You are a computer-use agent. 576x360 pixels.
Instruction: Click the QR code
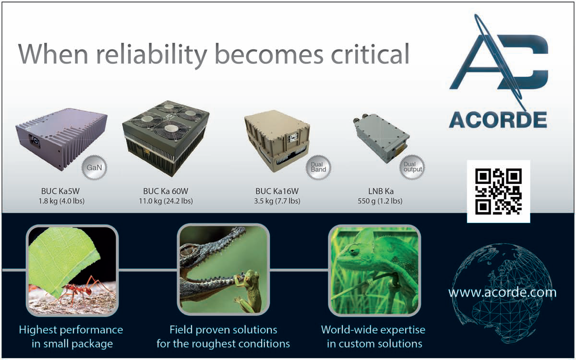(498, 192)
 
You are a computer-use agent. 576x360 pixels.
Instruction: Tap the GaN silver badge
(94, 168)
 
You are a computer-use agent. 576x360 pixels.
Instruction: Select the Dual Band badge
(318, 168)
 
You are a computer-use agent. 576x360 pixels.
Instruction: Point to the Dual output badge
(412, 167)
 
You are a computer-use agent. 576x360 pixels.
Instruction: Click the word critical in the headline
(370, 54)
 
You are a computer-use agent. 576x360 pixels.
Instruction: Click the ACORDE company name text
(498, 120)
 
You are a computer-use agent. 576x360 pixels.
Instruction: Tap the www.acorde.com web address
(502, 293)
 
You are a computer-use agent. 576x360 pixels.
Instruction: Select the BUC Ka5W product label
(60, 192)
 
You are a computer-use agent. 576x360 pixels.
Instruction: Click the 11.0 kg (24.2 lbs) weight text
(166, 201)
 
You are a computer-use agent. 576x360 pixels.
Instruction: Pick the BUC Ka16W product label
(277, 192)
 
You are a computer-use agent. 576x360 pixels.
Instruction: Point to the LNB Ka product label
(381, 192)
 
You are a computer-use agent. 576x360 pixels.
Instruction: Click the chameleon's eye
(354, 250)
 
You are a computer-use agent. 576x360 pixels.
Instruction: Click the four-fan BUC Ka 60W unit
(166, 138)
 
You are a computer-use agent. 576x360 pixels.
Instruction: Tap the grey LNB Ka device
(381, 138)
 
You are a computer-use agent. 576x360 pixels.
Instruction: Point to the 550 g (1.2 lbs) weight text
(380, 201)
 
